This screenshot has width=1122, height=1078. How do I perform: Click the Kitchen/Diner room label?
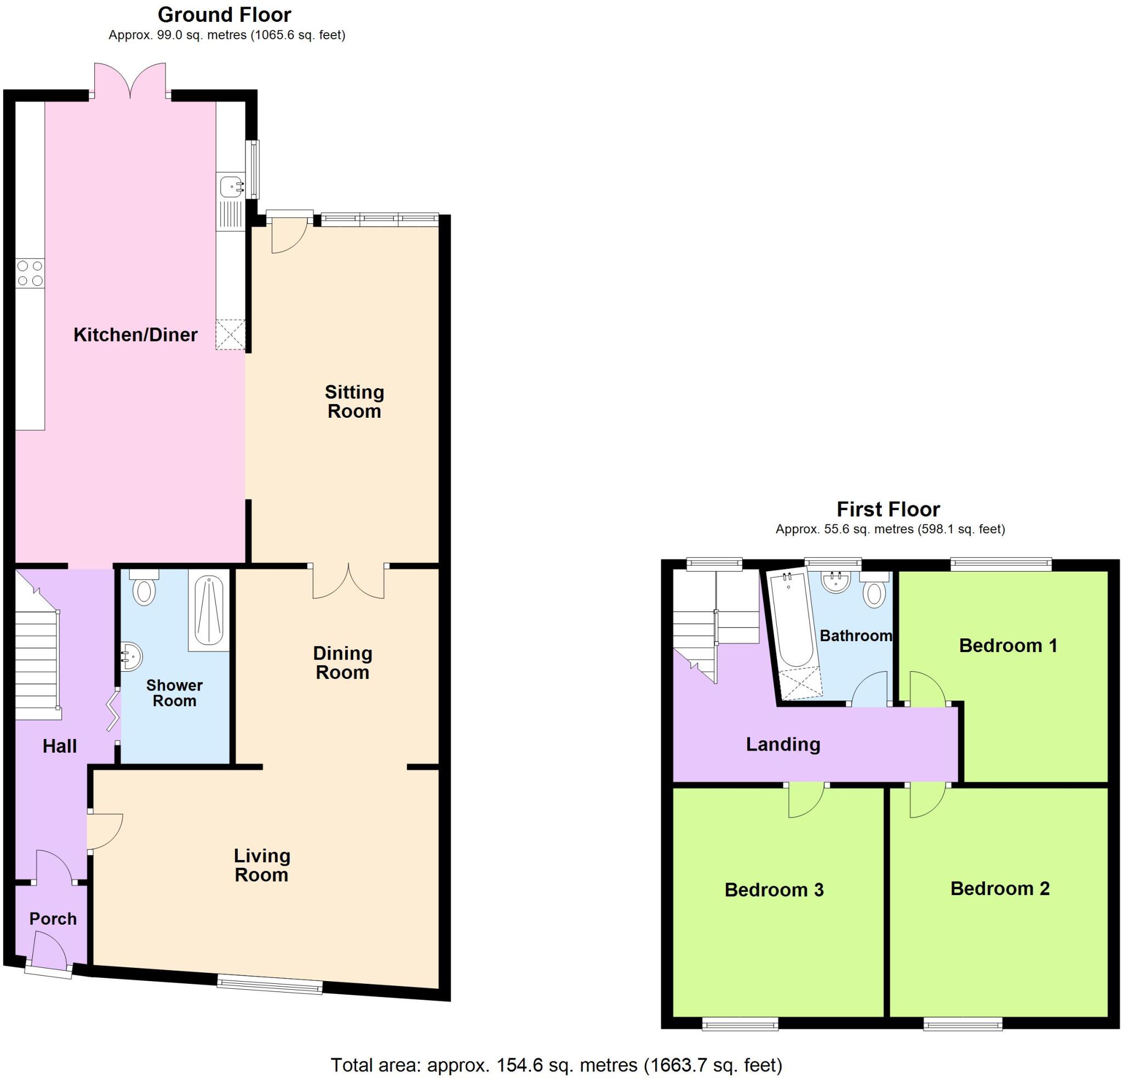tap(135, 335)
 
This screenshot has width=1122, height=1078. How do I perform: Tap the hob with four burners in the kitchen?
tap(30, 273)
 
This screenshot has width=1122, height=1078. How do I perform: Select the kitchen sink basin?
tap(230, 186)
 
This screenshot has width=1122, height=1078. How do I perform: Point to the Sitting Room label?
tap(354, 402)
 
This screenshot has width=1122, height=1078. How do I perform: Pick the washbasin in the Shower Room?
tap(131, 656)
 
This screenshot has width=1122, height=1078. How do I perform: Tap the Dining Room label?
tap(342, 662)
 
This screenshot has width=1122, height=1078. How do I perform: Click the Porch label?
tap(53, 919)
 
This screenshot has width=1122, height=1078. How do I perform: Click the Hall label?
tap(60, 746)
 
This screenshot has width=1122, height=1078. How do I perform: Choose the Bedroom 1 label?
tap(1008, 645)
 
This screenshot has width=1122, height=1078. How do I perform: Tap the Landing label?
tap(783, 745)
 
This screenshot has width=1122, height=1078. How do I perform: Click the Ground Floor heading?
tap(225, 15)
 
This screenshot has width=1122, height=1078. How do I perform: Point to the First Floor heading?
tap(889, 509)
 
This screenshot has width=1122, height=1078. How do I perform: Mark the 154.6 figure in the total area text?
tap(516, 1065)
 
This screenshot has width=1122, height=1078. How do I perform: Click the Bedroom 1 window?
tap(1001, 565)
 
